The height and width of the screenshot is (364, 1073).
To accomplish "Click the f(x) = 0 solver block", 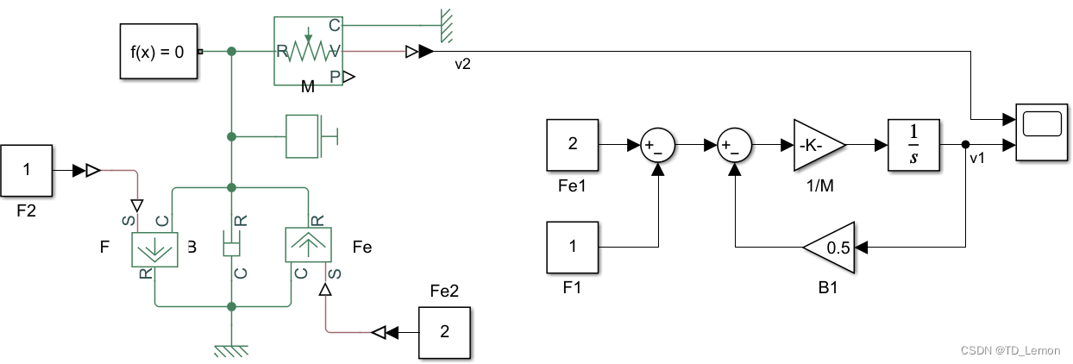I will (157, 52).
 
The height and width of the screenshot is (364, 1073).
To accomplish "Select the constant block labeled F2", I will (26, 170).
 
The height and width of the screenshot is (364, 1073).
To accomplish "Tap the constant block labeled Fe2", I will (445, 331).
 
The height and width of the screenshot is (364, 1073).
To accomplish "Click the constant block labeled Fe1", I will (572, 145).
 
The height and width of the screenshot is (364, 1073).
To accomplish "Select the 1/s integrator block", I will (913, 145).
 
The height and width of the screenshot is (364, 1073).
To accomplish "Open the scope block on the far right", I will (1041, 130).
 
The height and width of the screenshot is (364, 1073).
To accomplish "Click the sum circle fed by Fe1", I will (658, 146).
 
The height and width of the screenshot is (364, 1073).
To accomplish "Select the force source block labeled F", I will (154, 248).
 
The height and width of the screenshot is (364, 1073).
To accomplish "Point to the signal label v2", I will (462, 65).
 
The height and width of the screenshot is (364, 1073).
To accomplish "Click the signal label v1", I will (977, 159).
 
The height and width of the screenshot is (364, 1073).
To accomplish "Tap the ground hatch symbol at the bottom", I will (231, 349).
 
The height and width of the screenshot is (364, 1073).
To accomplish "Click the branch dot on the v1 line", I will (965, 145).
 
